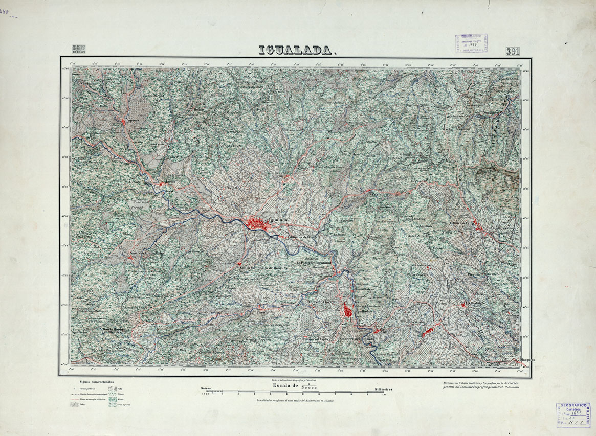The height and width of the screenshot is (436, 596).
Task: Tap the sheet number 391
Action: [513, 51]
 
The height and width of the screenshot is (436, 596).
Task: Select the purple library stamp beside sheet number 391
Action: [471, 43]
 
